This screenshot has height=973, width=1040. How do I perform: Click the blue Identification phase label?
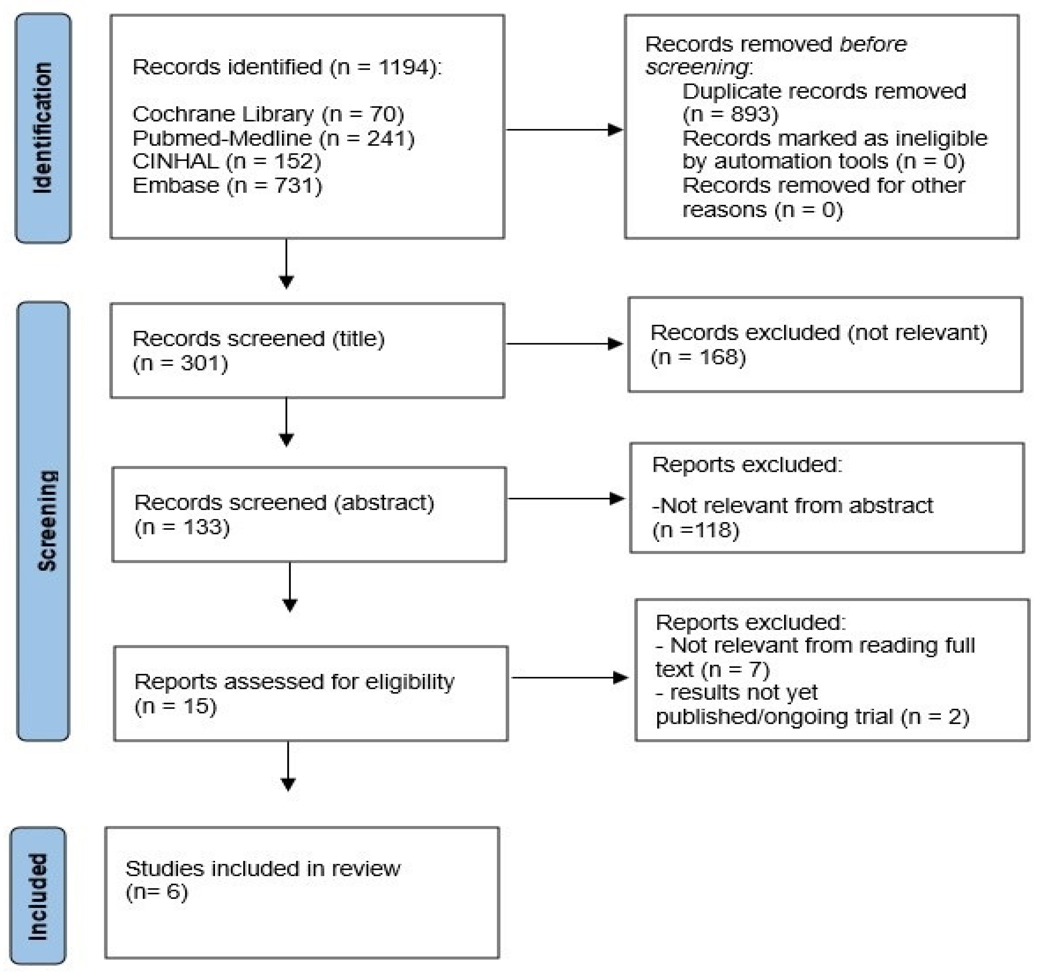point(43,128)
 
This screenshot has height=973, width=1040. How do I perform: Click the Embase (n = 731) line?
point(227,186)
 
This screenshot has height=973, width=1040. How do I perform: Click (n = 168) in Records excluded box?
point(698,357)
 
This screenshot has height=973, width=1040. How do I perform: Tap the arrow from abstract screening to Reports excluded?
point(566,498)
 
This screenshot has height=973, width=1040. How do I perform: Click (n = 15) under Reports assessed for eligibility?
point(175,706)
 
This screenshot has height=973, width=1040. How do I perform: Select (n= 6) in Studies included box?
point(157,892)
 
